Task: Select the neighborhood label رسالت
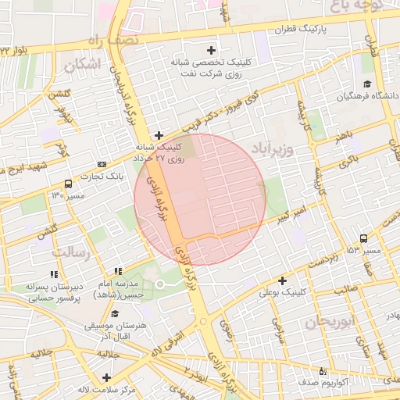(x=72, y=252)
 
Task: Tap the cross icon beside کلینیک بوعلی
(x=282, y=280)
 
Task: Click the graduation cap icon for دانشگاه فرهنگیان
(x=366, y=84)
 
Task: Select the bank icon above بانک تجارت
(x=102, y=164)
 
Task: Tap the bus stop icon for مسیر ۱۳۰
(x=68, y=184)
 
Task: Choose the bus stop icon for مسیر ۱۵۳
(x=364, y=238)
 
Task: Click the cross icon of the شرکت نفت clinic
(x=211, y=50)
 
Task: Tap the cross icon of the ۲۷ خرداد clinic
(x=159, y=134)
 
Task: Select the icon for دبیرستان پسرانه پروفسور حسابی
(x=53, y=274)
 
